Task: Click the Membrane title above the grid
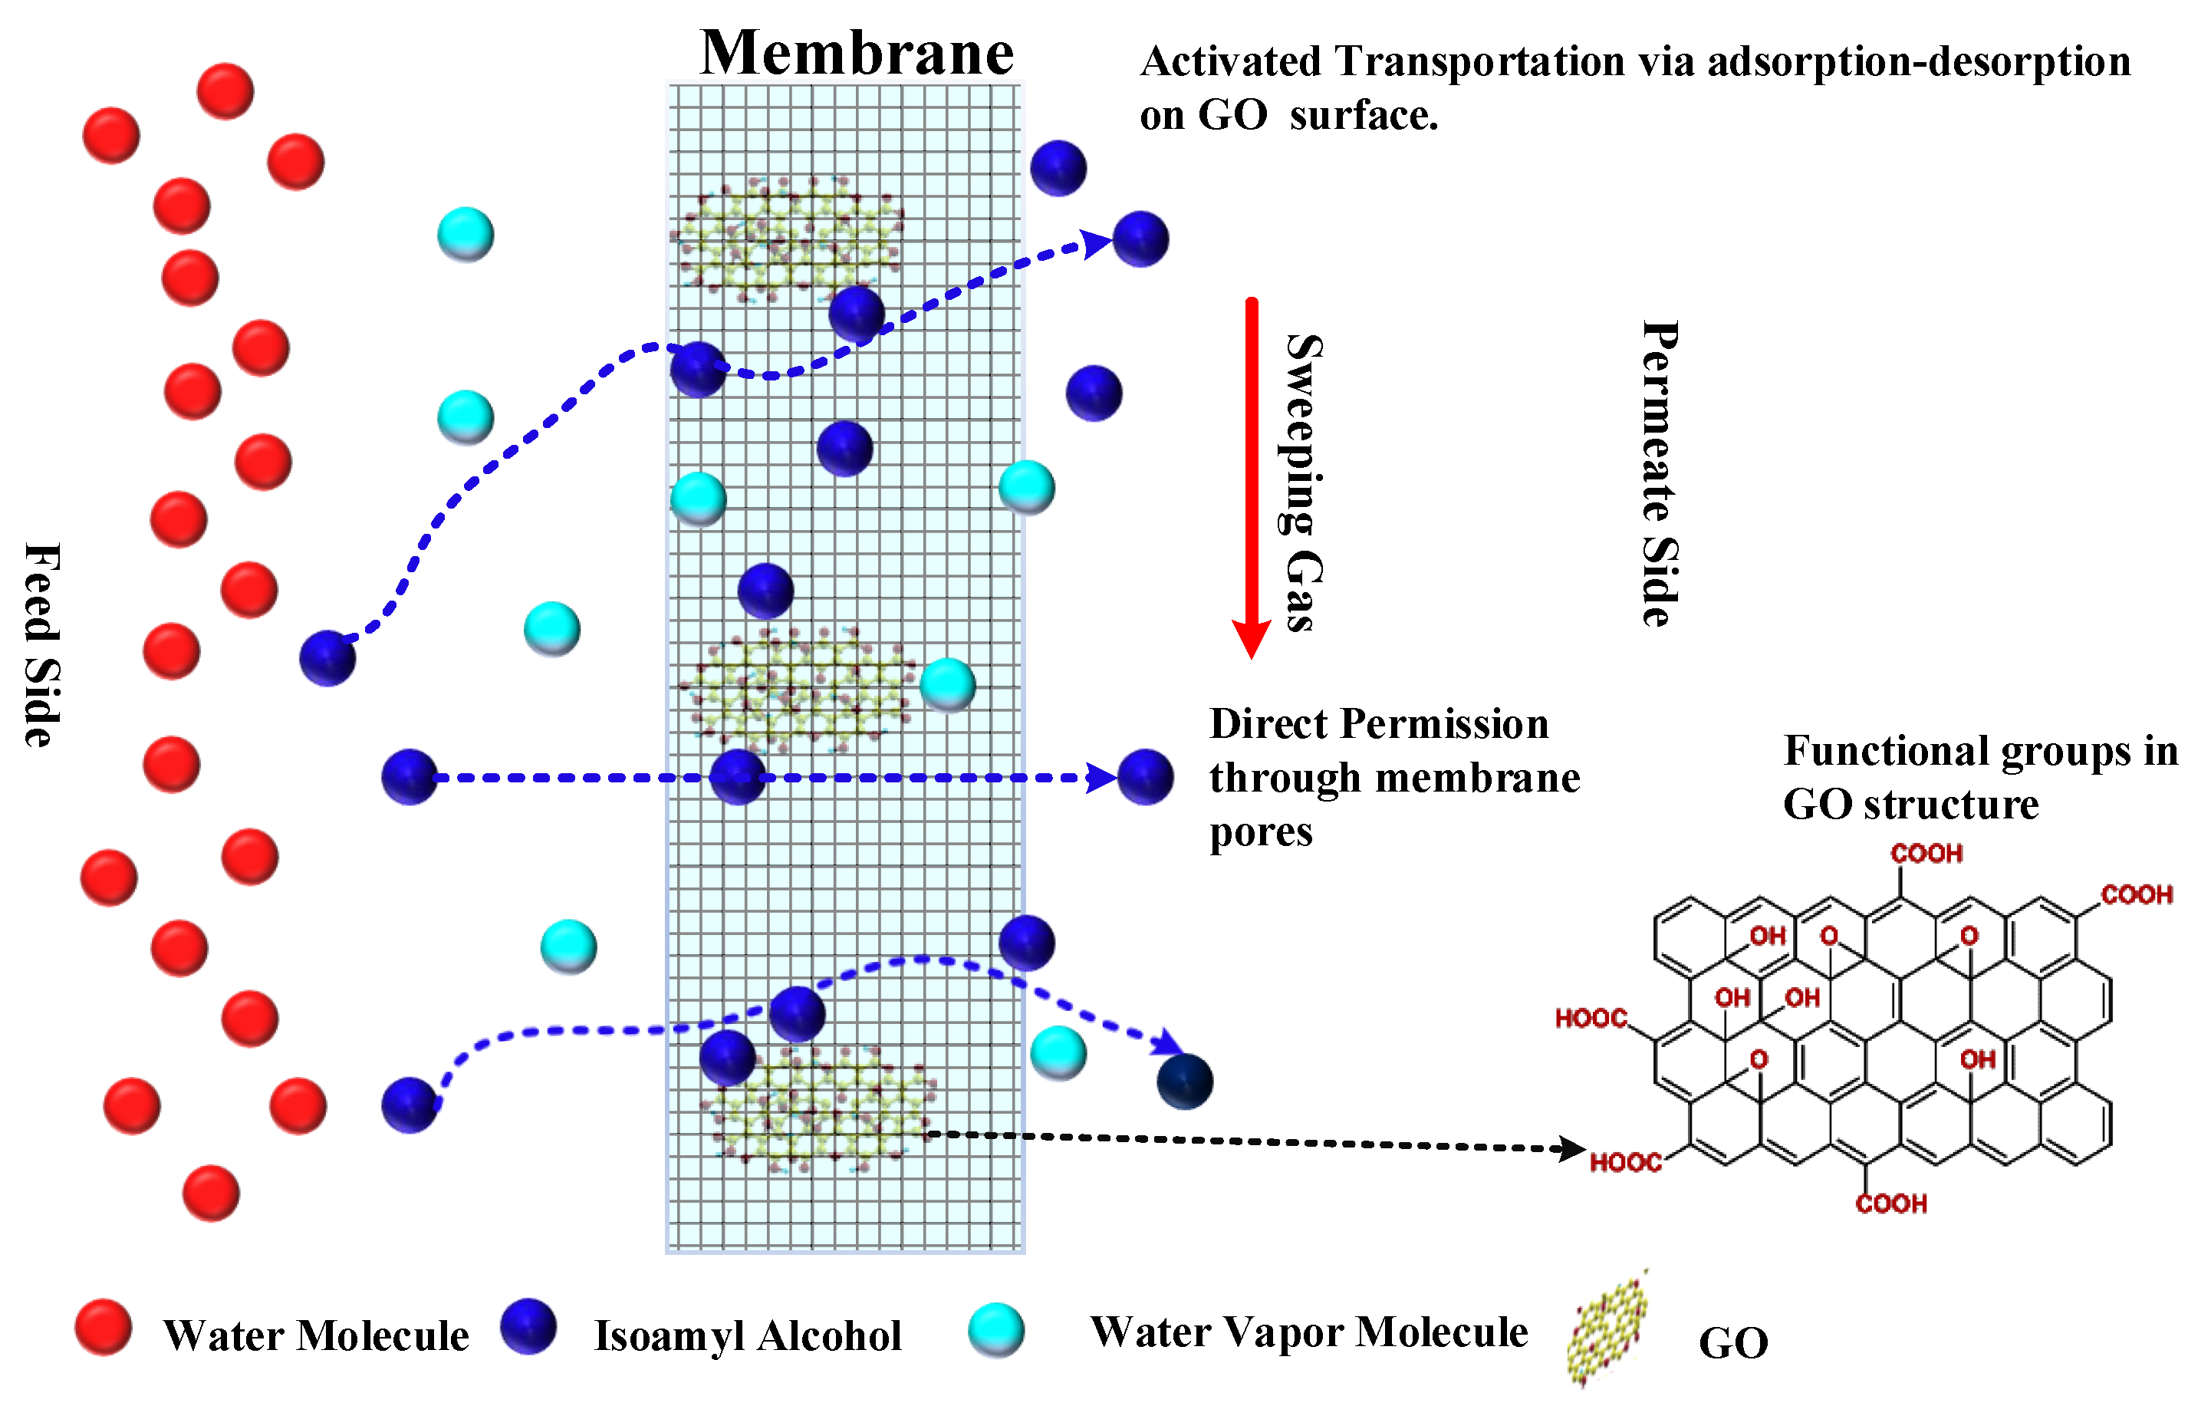856,53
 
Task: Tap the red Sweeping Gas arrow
1251,478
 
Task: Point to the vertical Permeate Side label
1660,474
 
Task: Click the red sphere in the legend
103,1327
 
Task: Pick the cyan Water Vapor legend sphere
996,1330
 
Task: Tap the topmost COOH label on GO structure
1926,854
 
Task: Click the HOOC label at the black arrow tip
1625,1163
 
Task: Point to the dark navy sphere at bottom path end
1184,1082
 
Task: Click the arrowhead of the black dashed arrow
1572,1148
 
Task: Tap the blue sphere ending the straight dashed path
1145,778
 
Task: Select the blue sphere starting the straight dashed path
410,778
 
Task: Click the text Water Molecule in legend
316,1335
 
